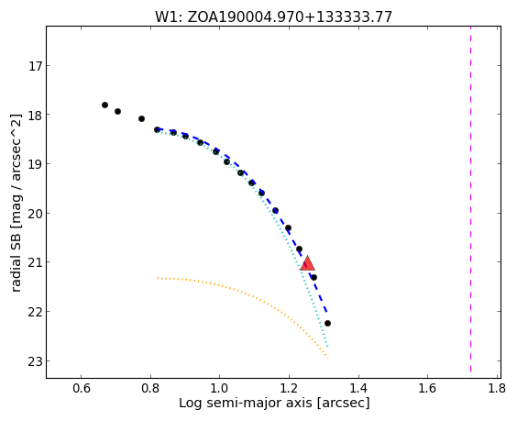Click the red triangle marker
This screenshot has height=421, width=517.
[307, 263]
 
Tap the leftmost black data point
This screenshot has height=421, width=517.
[104, 105]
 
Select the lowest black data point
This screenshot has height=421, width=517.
[327, 324]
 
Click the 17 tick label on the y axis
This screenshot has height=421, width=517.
[35, 66]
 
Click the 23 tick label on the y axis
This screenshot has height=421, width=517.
[35, 361]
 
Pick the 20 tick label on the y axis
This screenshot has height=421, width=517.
[35, 214]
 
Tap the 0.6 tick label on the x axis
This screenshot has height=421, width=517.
[81, 388]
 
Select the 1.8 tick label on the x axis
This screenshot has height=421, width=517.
[497, 388]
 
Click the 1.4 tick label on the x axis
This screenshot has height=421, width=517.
[358, 388]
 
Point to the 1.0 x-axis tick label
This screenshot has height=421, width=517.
[220, 388]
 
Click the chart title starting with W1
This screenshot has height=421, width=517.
[274, 17]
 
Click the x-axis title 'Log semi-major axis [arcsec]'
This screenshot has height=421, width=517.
[274, 404]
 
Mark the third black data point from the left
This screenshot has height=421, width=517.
[141, 118]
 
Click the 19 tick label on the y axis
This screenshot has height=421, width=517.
[35, 164]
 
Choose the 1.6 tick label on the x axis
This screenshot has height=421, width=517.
[427, 388]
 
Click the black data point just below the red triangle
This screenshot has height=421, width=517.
[313, 278]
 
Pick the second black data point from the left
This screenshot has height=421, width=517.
[117, 112]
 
